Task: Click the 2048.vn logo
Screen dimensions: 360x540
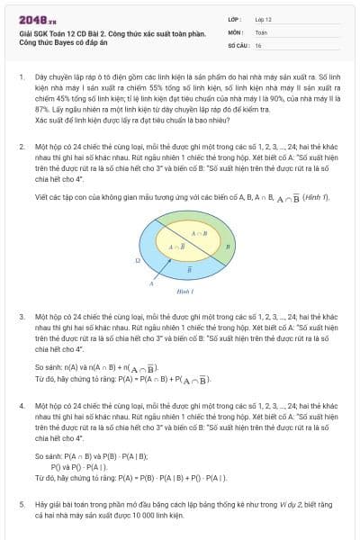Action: [36, 17]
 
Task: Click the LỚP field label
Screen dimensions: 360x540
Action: [235, 17]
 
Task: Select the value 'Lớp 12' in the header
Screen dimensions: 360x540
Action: [264, 17]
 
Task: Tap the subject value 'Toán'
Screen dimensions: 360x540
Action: [261, 31]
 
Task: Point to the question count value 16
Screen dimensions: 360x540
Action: [258, 44]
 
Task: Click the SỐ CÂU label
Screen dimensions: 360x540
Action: [238, 44]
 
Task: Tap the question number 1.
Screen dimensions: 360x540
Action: [22, 78]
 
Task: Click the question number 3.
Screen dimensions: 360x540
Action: [22, 318]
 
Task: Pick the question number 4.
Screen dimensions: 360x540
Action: [22, 406]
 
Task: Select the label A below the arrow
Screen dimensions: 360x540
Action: [151, 283]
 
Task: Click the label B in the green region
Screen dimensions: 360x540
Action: [228, 245]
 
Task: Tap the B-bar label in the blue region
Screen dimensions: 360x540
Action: [187, 268]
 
